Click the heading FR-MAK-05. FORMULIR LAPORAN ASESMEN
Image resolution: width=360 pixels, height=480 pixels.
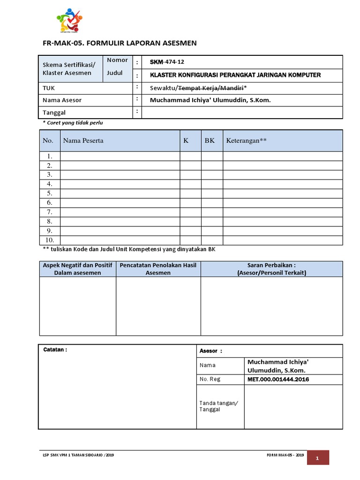[x=120, y=43]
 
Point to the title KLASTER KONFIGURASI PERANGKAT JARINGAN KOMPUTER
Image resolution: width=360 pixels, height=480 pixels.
[x=235, y=75]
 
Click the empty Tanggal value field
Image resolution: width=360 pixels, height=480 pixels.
[x=241, y=112]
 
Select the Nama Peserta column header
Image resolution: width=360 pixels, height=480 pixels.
[x=83, y=141]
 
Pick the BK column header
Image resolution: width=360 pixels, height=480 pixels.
[x=210, y=141]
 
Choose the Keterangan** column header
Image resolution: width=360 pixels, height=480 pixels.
[x=246, y=141]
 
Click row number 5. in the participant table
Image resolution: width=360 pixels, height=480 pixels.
[x=49, y=193]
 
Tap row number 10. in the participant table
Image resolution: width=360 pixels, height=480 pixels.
[x=49, y=240]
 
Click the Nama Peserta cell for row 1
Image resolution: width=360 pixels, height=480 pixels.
[x=120, y=156]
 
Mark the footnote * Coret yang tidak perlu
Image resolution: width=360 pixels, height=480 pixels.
[x=73, y=123]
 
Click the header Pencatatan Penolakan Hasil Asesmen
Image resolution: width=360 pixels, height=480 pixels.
[x=158, y=269]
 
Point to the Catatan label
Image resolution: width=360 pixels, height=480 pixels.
[x=55, y=350]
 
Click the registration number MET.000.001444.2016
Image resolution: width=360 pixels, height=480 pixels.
[x=278, y=379]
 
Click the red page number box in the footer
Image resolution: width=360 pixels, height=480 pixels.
[x=317, y=458]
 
